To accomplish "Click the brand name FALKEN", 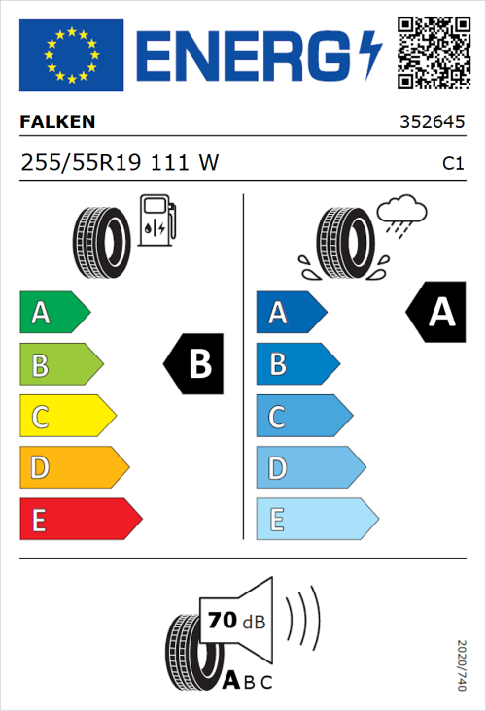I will tap(58, 123).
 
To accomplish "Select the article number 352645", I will tap(432, 124).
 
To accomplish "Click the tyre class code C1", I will tap(452, 165).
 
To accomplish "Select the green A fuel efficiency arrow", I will tap(53, 313).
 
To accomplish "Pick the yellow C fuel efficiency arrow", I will tap(66, 417).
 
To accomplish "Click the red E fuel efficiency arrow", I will tap(80, 520).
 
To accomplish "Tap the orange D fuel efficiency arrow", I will tap(73, 468).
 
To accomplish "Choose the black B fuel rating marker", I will tap(194, 364).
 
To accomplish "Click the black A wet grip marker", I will tap(436, 313).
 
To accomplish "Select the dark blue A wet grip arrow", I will tap(290, 313).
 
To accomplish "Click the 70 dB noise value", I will tap(234, 619).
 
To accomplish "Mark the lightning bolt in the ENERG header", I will tap(370, 54).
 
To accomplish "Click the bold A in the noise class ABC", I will tap(231, 680).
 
